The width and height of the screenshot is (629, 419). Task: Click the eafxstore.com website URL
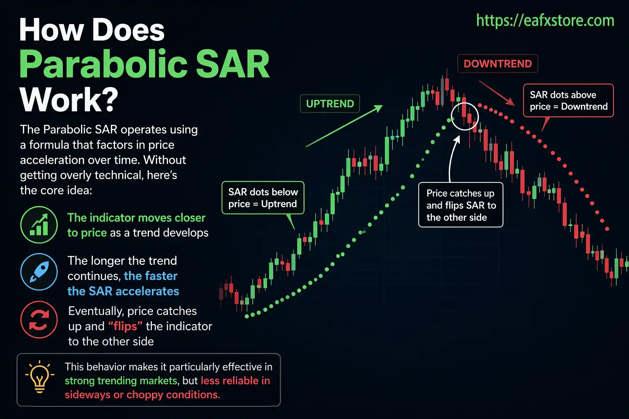click(x=545, y=20)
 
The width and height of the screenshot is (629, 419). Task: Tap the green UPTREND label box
click(x=330, y=104)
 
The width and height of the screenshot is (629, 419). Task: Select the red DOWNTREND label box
click(x=497, y=64)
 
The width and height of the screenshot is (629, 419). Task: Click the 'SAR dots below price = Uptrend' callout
click(x=263, y=198)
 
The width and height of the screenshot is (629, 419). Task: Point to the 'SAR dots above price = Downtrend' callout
click(x=568, y=101)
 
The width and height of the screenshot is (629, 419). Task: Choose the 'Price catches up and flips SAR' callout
click(x=461, y=205)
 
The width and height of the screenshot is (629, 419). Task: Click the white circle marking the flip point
click(x=465, y=116)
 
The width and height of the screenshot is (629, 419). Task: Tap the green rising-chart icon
click(x=39, y=225)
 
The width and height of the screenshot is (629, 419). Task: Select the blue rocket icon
click(x=39, y=272)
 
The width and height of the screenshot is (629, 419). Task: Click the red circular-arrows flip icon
click(x=39, y=320)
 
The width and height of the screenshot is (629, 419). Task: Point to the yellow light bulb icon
click(x=39, y=377)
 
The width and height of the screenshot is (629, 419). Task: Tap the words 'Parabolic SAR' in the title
click(x=144, y=65)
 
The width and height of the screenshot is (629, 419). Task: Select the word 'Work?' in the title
click(x=69, y=99)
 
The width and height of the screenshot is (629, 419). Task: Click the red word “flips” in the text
click(x=125, y=327)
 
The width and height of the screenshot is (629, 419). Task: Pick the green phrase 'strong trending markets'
click(x=121, y=381)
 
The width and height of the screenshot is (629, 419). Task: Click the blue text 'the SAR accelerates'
click(x=123, y=291)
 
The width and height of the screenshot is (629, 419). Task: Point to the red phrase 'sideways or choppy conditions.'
click(x=142, y=395)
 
